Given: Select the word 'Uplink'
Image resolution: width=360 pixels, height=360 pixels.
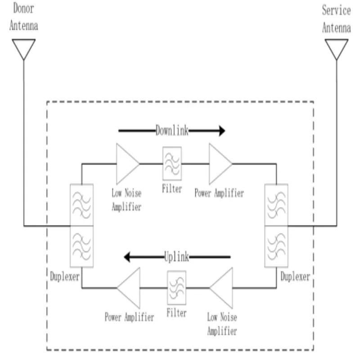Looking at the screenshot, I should click(x=176, y=257).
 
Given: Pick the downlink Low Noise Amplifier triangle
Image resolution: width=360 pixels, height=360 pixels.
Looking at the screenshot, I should click(x=127, y=163).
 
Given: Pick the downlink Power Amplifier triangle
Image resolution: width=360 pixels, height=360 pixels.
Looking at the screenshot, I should click(x=219, y=163).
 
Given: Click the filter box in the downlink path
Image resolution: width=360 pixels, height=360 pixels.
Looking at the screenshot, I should click(x=172, y=163).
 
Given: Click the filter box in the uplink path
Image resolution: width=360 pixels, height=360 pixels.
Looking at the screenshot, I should click(x=176, y=287).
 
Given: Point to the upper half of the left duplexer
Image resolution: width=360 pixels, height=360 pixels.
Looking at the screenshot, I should click(x=81, y=205).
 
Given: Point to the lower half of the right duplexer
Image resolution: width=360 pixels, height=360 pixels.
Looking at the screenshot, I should click(x=276, y=247).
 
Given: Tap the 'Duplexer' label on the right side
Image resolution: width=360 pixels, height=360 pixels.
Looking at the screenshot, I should click(x=295, y=276).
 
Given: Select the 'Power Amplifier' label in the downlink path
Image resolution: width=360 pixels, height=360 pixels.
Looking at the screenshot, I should click(x=219, y=193).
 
